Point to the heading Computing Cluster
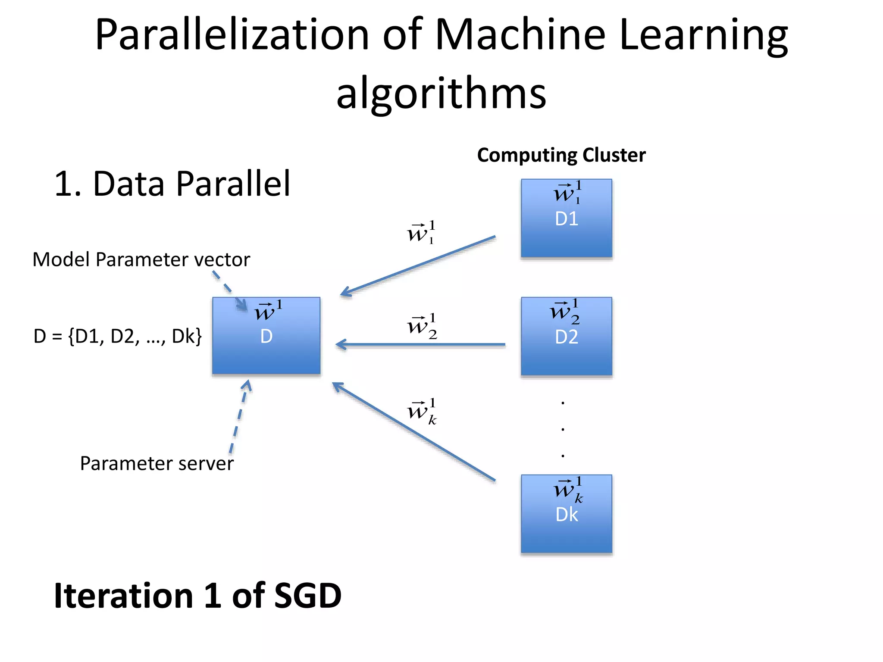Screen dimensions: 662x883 (x=561, y=155)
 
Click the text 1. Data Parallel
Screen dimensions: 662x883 (x=172, y=184)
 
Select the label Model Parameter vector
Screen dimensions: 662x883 (x=141, y=259)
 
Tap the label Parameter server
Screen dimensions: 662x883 (x=157, y=464)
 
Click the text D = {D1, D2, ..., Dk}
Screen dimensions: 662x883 (x=117, y=336)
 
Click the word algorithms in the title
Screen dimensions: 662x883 (x=441, y=93)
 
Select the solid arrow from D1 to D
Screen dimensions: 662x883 (x=418, y=265)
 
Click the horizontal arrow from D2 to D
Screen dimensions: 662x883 (x=420, y=344)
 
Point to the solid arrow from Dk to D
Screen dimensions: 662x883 (x=414, y=431)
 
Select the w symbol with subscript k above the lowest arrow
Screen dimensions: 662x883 (x=422, y=412)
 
